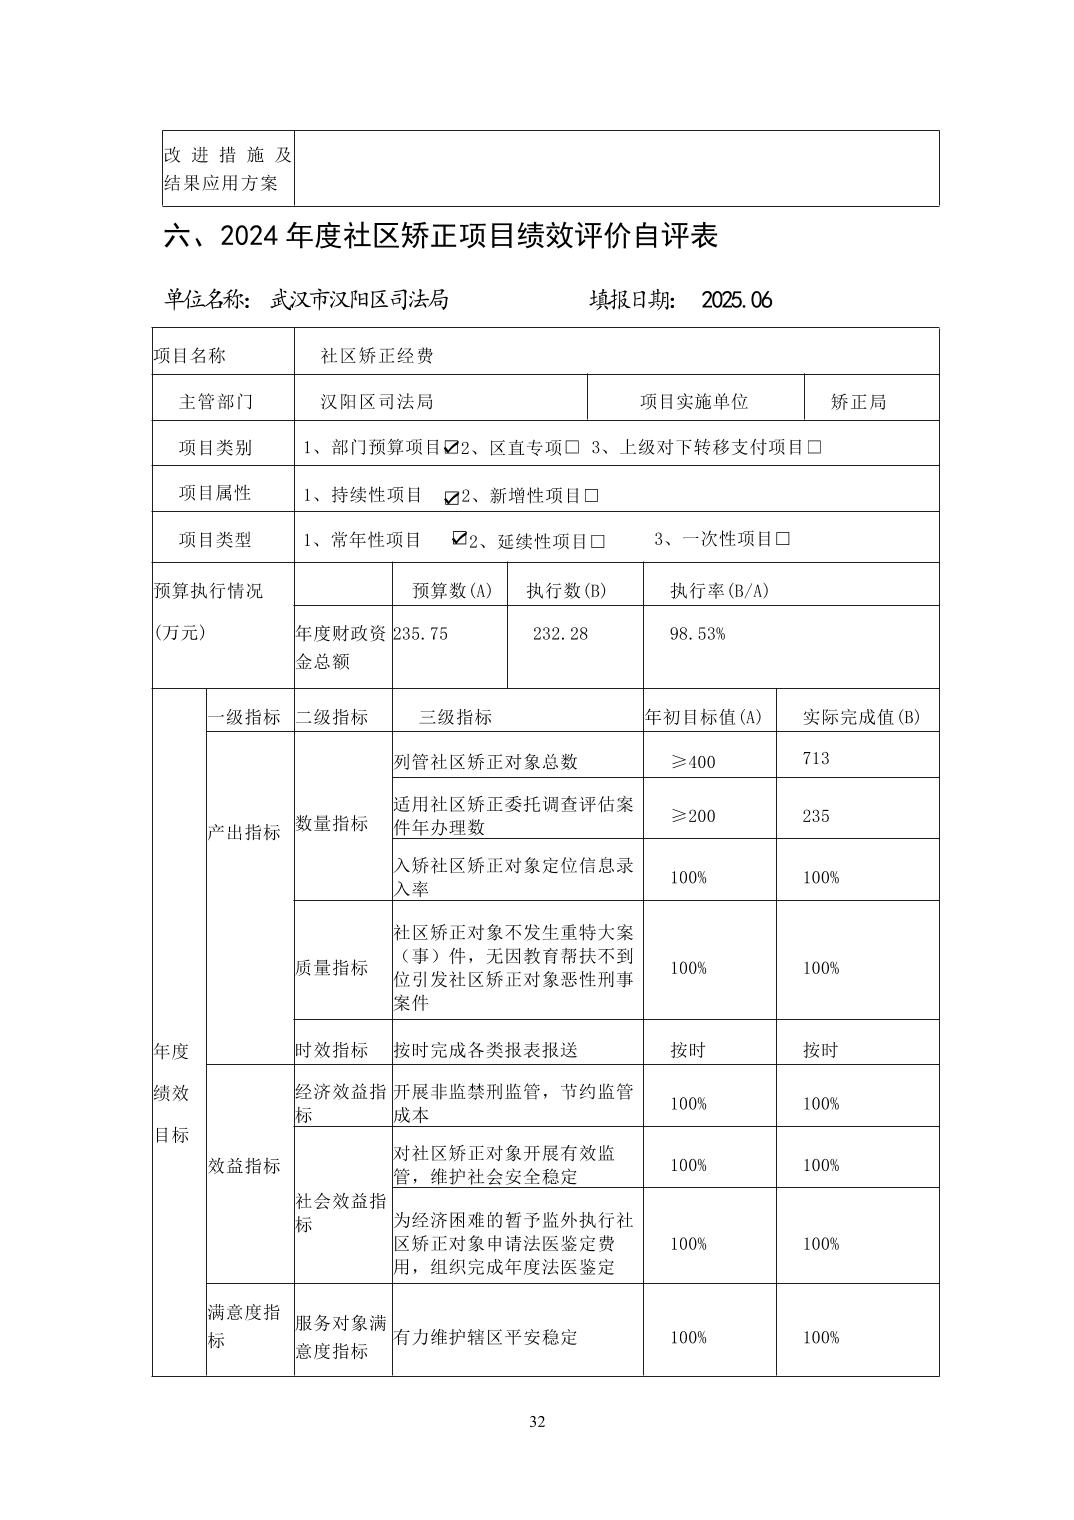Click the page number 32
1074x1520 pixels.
pos(537,1422)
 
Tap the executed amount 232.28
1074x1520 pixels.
pos(560,634)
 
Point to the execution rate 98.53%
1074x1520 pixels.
pos(697,634)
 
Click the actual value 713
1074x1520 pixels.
pos(816,758)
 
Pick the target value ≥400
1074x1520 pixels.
pos(693,762)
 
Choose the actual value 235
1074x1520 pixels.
pos(816,816)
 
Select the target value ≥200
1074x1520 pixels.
pos(693,816)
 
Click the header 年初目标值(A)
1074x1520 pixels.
pos(703,717)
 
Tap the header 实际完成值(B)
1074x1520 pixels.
pos(861,717)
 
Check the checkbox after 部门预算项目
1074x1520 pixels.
pos(451,447)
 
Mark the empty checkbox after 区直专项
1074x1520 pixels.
pos(572,447)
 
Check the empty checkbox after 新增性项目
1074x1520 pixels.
pos(592,496)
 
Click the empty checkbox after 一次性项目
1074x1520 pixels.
pos(783,539)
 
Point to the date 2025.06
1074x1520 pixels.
pos(737,300)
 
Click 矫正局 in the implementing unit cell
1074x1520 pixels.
pos(858,402)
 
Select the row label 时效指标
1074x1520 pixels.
pos(332,1050)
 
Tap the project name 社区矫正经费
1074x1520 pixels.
pos(376,356)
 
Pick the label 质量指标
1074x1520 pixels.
pos(332,968)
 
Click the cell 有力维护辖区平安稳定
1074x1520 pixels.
pos(486,1338)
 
